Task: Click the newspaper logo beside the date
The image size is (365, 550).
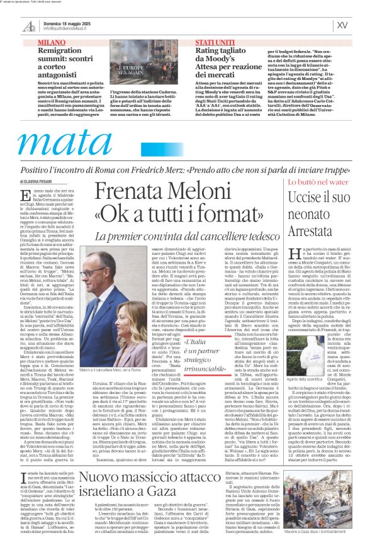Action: (x=28, y=25)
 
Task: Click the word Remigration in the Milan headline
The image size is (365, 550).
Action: (x=64, y=50)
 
